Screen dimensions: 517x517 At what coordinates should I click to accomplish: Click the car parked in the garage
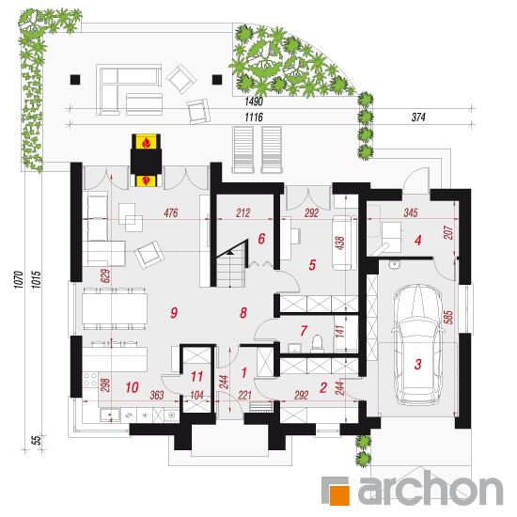tap(417, 345)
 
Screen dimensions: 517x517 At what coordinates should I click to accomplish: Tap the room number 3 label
tap(417, 365)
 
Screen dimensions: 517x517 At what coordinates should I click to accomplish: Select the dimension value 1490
tap(254, 102)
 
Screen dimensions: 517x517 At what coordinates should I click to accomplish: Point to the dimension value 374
tap(418, 117)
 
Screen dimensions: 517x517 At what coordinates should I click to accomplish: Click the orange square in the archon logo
tap(339, 494)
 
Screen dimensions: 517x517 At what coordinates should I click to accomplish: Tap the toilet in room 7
tap(317, 342)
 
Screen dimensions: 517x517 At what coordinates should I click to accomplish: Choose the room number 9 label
tap(174, 312)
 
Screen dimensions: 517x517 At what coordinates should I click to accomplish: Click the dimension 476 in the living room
tap(171, 212)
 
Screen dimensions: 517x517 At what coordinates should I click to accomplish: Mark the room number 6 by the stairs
tap(261, 239)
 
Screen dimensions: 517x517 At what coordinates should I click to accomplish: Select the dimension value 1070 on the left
tap(19, 279)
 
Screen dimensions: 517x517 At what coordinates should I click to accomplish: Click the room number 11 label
tap(196, 376)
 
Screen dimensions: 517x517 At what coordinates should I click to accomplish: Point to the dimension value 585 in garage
tap(448, 317)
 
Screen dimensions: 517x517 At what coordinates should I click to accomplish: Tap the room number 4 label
tap(417, 240)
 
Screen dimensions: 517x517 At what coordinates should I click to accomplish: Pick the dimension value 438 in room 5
tap(340, 243)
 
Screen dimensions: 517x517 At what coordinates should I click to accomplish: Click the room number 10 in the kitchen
tap(132, 387)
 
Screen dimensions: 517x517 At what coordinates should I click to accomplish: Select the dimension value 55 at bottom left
tap(36, 440)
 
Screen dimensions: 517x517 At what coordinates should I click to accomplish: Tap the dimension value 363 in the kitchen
tap(157, 395)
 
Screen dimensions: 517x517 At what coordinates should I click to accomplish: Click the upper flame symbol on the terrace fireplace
tap(146, 143)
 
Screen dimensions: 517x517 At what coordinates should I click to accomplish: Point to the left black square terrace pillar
tap(75, 80)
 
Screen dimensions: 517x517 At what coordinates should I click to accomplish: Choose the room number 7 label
tap(304, 330)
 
